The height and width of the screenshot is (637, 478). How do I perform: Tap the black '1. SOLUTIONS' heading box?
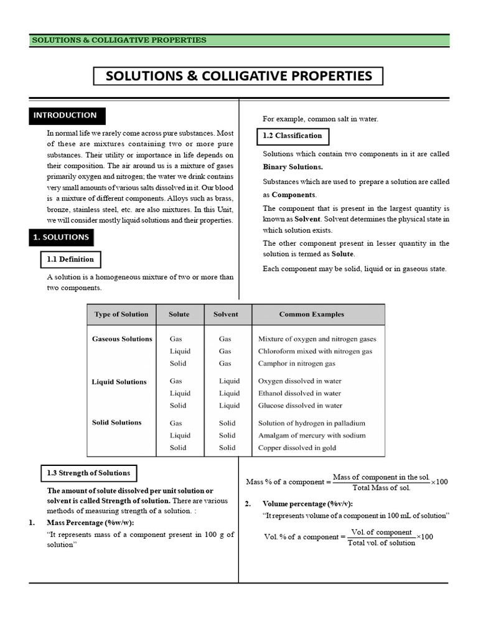pyautogui.click(x=61, y=237)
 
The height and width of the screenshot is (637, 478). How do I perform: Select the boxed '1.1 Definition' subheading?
pyautogui.click(x=70, y=259)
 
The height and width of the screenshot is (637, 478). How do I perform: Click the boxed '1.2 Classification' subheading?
pyautogui.click(x=293, y=136)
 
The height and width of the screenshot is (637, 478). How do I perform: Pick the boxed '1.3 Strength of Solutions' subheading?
pyautogui.click(x=88, y=473)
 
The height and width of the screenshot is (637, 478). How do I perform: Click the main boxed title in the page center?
pyautogui.click(x=239, y=76)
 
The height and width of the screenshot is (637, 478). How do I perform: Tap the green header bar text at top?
pyautogui.click(x=119, y=40)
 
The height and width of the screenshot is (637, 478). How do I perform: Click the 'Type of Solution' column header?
pyautogui.click(x=121, y=314)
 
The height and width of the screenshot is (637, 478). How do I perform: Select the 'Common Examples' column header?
pyautogui.click(x=311, y=314)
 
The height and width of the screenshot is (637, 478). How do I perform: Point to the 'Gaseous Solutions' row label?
pyautogui.click(x=122, y=339)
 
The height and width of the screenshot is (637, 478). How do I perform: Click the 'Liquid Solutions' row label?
pyautogui.click(x=119, y=382)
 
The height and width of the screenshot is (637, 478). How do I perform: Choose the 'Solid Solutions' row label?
pyautogui.click(x=116, y=422)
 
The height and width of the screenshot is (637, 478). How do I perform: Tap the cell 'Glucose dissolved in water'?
pyautogui.click(x=300, y=406)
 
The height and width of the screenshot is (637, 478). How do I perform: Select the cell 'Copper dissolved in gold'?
pyautogui.click(x=298, y=447)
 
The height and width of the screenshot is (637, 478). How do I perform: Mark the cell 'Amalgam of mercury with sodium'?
pyautogui.click(x=312, y=435)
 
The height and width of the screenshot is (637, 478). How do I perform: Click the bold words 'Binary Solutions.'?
pyautogui.click(x=293, y=167)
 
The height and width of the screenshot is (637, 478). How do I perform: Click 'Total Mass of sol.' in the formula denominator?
pyautogui.click(x=381, y=488)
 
